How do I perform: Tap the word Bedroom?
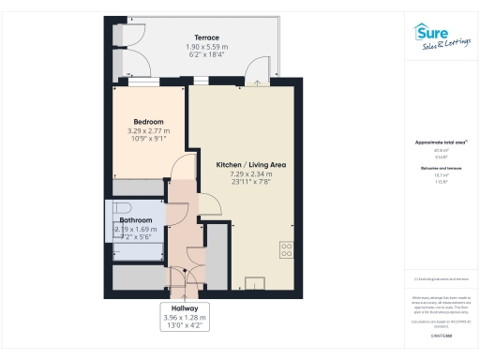148,122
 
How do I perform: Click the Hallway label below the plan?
184,307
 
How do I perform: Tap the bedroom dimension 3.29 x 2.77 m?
148,131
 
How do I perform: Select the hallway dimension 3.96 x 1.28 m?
184,318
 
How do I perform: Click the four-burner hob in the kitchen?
286,249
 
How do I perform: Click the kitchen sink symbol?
254,283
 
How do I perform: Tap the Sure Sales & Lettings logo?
442,37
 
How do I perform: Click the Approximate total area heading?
441,142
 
